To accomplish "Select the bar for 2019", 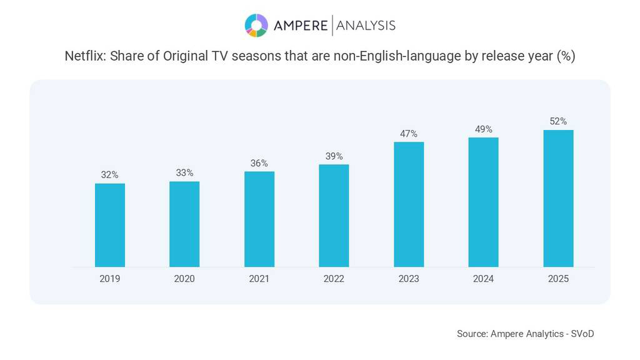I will tap(110, 225).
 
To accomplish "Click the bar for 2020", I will tap(184, 224).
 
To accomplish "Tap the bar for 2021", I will tap(259, 219).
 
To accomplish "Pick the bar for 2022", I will tap(334, 216).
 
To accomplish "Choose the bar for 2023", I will tap(409, 204).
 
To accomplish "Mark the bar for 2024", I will tap(483, 202).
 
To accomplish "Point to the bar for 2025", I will tap(558, 198).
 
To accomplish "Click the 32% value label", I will tap(110, 175).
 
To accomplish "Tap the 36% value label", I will tap(259, 163).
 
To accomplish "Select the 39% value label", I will tap(334, 156).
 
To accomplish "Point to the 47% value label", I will tap(409, 134).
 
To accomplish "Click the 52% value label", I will tap(558, 121).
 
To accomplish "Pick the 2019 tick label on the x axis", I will tap(110, 279).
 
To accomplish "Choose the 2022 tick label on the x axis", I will tap(334, 279).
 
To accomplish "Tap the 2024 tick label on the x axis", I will tap(483, 279).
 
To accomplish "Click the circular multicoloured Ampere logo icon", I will tap(256, 25).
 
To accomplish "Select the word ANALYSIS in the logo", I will tap(366, 26).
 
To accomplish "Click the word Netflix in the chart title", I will tap(85, 56).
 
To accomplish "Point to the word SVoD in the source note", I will tap(582, 334).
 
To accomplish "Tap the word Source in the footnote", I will tap(471, 334).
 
